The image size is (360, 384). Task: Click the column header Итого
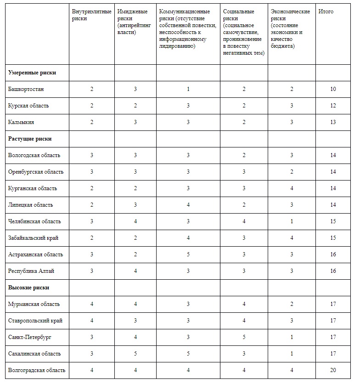tap(326, 11)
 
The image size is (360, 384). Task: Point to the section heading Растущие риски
tap(30, 139)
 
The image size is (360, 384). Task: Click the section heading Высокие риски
tap(28, 288)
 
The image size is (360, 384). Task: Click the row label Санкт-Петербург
tap(30, 337)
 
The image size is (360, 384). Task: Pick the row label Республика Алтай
tap(31, 271)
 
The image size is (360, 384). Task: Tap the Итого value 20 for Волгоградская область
tap(333, 370)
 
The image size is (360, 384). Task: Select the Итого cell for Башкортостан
tap(333, 89)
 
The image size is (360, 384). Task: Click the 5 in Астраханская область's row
tap(188, 254)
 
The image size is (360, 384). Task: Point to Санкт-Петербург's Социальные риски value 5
tap(244, 337)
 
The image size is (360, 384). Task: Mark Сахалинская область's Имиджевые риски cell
tap(135, 354)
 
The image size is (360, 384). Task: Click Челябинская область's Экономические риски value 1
tap(292, 221)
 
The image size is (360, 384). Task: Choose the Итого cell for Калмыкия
tap(333, 122)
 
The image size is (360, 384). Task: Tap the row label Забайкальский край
tap(33, 238)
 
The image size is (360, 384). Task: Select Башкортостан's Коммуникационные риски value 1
tap(188, 89)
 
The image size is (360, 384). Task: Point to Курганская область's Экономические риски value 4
tap(292, 188)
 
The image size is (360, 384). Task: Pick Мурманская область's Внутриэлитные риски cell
tap(92, 304)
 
